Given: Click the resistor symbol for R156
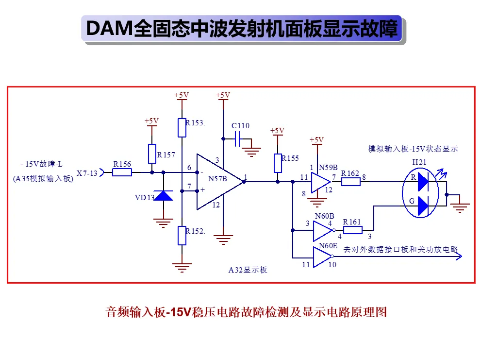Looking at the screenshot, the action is tap(122, 172).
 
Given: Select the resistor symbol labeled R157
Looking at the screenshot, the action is tap(152, 154).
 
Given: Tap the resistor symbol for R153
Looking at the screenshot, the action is tap(182, 127).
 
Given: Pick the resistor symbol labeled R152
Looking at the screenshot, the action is tap(182, 236).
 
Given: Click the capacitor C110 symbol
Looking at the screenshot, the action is tap(237, 139).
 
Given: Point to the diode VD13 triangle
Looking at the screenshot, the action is tap(164, 195).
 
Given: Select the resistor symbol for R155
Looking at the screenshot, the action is tap(278, 163).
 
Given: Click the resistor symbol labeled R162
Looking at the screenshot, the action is tap(351, 182).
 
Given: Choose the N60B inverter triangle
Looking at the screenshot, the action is tap(323, 231).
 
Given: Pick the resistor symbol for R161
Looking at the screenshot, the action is tap(353, 230).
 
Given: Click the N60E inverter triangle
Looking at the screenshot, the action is tap(322, 257).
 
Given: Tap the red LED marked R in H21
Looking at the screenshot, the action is tap(423, 182).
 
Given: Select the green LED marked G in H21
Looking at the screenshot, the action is tap(423, 206).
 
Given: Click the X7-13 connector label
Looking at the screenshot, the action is tap(87, 173).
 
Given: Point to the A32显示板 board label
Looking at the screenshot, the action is tap(248, 270).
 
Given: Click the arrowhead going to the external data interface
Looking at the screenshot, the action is tap(459, 256).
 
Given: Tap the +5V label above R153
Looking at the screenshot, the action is tap(182, 95).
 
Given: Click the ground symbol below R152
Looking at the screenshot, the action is tap(182, 268).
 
